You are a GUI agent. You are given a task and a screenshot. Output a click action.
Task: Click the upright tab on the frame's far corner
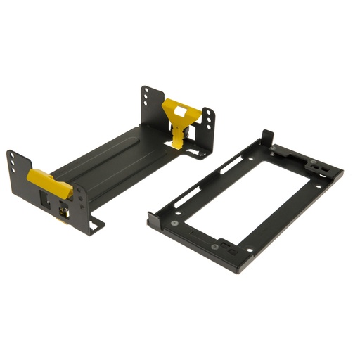pyautogui.click(x=266, y=138)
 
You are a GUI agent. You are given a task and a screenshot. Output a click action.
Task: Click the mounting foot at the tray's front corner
pyautogui.click(x=95, y=226)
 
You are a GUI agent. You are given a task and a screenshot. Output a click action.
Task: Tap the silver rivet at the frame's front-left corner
pyautogui.click(x=173, y=224)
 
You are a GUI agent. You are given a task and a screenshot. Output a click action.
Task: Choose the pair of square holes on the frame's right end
pyautogui.click(x=319, y=167)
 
